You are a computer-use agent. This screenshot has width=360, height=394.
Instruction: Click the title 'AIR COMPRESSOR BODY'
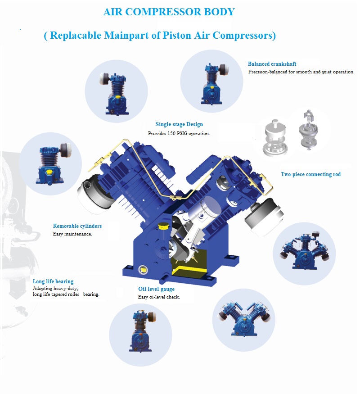[169, 12]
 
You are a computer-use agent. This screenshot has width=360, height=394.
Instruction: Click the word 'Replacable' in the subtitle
[76, 35]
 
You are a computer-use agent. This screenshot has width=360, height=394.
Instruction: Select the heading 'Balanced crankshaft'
[272, 64]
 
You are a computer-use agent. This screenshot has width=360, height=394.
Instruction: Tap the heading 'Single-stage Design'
[179, 124]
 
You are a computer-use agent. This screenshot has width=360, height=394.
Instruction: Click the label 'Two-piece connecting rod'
[310, 174]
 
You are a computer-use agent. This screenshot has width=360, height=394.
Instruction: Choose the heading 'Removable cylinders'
[77, 226]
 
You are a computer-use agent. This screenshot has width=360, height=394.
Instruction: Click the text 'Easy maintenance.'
[72, 234]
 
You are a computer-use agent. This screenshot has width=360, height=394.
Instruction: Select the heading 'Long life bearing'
[53, 281]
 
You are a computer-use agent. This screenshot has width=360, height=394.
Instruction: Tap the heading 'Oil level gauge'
[156, 289]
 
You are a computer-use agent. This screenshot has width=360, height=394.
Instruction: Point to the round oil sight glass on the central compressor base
[143, 270]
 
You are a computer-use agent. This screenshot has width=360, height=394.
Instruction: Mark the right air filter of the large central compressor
[264, 216]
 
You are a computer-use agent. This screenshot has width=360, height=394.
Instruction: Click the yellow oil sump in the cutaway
[189, 268]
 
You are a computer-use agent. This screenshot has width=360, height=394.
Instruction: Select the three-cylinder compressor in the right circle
[304, 252]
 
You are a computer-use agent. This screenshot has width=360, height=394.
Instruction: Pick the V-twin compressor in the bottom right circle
[244, 319]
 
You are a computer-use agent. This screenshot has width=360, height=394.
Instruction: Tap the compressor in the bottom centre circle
[143, 331]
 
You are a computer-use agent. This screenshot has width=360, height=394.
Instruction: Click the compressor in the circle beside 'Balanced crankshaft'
[214, 84]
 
